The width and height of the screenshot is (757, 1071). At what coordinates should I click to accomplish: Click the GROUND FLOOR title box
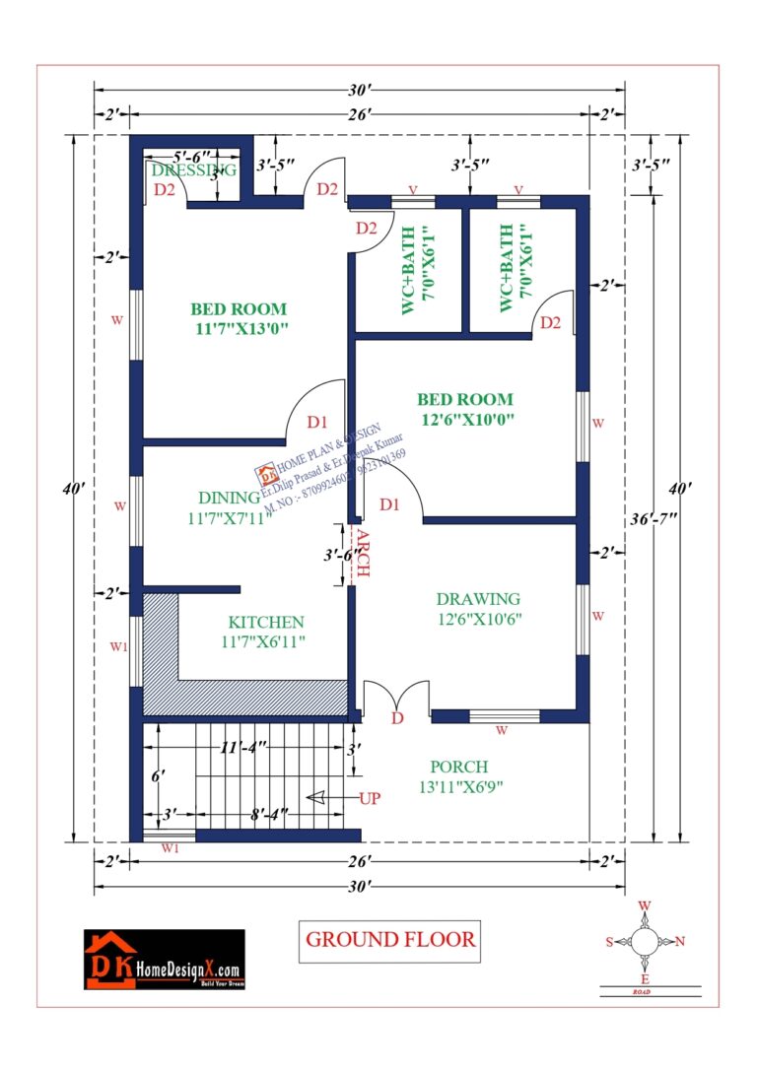390,939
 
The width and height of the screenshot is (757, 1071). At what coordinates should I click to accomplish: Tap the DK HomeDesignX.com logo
164,959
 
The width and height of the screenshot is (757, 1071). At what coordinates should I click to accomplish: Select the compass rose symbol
645,942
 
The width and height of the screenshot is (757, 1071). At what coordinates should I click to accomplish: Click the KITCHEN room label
266,623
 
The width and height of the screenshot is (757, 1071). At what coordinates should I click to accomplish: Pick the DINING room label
229,498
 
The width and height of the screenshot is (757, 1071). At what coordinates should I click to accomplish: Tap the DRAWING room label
478,599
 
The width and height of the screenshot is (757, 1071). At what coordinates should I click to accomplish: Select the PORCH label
458,767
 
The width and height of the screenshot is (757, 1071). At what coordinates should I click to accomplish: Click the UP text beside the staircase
370,798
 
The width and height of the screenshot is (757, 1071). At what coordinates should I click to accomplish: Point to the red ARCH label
362,554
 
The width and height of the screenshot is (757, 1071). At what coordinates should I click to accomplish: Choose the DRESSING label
194,169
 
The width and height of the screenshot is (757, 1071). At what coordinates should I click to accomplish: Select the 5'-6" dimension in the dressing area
192,156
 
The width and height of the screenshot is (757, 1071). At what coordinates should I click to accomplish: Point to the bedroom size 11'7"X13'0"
241,329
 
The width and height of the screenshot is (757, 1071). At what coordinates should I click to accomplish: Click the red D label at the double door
397,718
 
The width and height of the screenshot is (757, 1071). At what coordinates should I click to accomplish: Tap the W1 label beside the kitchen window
118,647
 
